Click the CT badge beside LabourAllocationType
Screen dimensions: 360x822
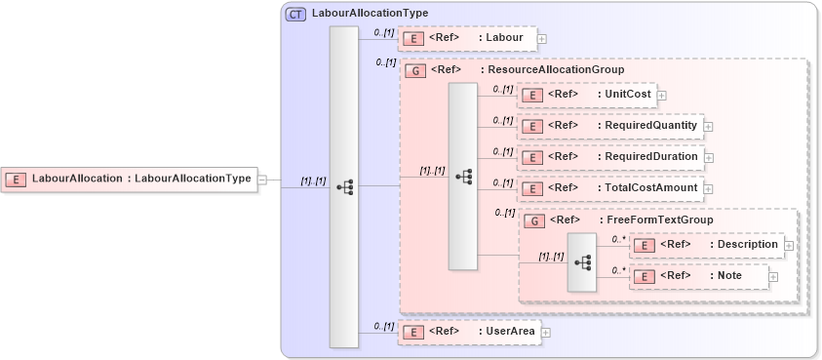click(x=295, y=14)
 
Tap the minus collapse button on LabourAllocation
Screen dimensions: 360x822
click(x=261, y=179)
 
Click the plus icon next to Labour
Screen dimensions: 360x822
click(x=541, y=39)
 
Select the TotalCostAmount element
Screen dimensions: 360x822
click(x=609, y=188)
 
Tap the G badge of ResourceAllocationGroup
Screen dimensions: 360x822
click(x=415, y=70)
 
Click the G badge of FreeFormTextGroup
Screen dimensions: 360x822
click(x=534, y=220)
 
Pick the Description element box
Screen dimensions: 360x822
click(x=706, y=245)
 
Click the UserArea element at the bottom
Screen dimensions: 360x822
click(x=469, y=333)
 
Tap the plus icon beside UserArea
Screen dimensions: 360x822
click(x=545, y=333)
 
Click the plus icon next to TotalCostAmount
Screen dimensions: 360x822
click(x=708, y=188)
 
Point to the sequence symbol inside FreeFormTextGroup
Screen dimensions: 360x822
click(x=582, y=261)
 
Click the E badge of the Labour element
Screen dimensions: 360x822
click(x=414, y=39)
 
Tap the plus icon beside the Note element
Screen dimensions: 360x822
click(x=773, y=277)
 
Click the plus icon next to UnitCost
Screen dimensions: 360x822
click(x=661, y=95)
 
